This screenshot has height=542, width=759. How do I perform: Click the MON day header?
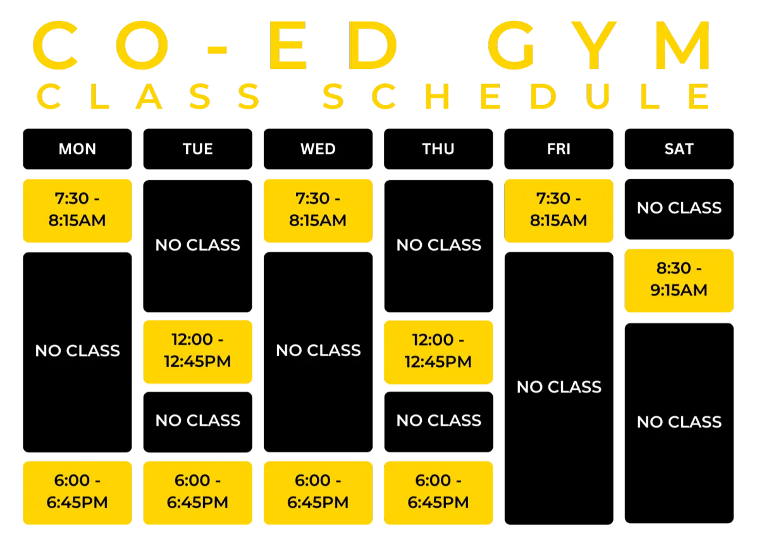point(77,149)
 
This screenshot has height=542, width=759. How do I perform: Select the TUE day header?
point(197,149)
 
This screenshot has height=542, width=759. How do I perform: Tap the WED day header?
point(318,149)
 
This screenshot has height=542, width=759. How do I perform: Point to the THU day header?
point(438,149)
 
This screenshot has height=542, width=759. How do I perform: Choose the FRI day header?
point(558,149)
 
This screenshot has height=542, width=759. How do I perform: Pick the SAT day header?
point(679,149)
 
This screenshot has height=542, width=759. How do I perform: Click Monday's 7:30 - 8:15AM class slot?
point(77,211)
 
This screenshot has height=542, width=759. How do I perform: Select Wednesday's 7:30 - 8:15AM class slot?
point(318,211)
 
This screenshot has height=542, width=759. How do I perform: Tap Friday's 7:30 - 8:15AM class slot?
point(558,211)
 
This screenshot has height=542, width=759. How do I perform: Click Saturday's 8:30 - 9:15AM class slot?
point(679,280)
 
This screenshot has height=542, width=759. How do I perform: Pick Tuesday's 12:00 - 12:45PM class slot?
point(197,352)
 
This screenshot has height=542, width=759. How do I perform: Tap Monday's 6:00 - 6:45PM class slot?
point(77,493)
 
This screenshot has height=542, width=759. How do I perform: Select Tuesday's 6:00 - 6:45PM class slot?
point(197,493)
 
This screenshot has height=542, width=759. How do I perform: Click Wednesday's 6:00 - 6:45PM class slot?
point(318,493)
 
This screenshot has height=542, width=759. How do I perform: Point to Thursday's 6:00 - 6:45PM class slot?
point(438,493)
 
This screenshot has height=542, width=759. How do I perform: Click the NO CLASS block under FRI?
point(558,388)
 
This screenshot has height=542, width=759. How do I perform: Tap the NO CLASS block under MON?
point(77,352)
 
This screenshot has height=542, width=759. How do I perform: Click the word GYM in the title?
point(598,45)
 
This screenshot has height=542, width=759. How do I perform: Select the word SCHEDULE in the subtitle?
point(515,97)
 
